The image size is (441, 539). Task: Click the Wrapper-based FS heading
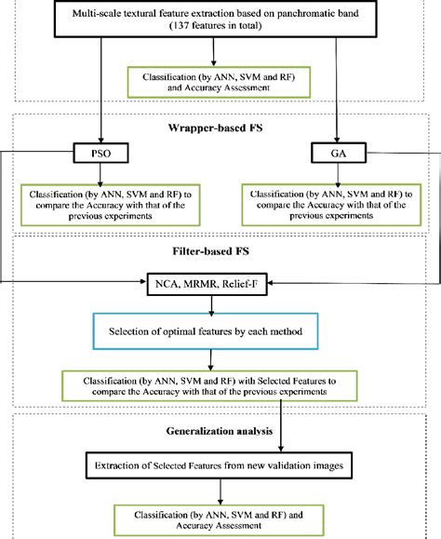220,127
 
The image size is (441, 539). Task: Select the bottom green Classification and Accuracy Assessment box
220,519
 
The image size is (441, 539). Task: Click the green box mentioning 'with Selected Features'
220,384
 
